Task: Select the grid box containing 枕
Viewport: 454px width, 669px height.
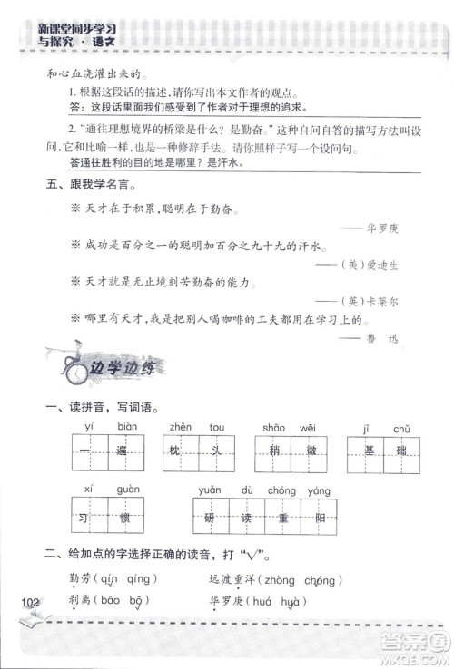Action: coord(176,451)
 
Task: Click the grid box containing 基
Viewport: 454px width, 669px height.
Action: coord(367,451)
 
